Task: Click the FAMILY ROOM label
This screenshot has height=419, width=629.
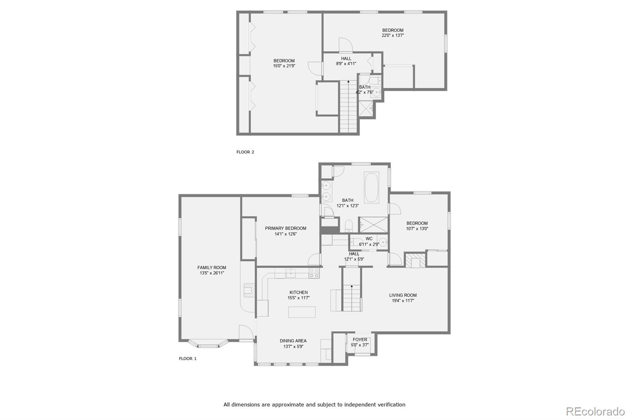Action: pos(212,267)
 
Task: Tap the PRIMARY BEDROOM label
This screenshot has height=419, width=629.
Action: pos(285,228)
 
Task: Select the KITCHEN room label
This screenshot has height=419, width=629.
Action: pos(298,292)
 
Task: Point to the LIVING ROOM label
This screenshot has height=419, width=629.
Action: pos(403,295)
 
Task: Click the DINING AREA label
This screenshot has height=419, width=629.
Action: pos(293,341)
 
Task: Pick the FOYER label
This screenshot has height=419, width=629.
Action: pos(360,340)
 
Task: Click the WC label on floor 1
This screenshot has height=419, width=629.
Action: pos(369,239)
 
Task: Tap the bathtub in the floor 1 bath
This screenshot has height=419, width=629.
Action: pos(371,187)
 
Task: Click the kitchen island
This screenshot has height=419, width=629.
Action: pos(302,312)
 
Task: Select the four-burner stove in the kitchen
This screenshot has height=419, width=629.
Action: pos(314,273)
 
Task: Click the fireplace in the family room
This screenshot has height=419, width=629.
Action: pos(248,289)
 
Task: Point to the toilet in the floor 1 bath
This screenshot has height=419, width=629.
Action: pos(348,226)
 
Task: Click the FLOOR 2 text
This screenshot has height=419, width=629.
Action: pos(245,152)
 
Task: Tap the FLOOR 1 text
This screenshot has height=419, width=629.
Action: pos(188,358)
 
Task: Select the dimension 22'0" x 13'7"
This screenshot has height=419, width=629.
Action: pos(393,35)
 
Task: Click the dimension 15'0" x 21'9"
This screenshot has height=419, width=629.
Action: pos(284,66)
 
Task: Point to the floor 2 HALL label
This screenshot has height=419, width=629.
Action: pos(346,59)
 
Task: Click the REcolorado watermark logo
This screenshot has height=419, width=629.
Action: pos(595,411)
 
